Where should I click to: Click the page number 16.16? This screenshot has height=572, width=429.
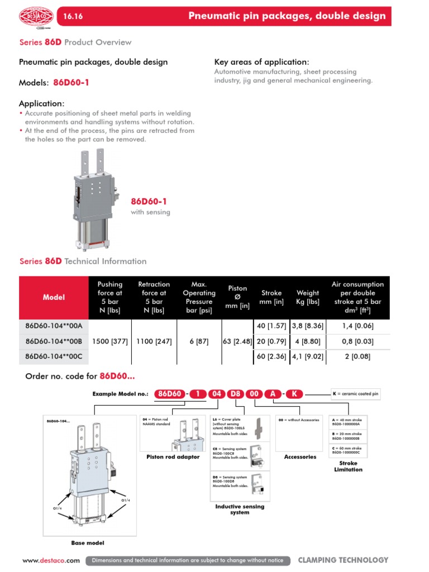(74, 16)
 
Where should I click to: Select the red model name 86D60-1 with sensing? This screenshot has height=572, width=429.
(149, 201)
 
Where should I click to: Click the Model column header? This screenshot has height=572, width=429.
(54, 297)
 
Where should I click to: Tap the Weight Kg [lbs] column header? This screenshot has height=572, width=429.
(307, 297)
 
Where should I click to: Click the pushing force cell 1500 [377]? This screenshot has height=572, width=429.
(110, 341)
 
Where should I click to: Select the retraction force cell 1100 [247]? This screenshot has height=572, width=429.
(154, 341)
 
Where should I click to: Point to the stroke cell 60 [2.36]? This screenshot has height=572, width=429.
(270, 356)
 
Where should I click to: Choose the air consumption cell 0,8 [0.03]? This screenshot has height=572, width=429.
(357, 341)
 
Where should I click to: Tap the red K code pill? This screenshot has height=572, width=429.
(294, 394)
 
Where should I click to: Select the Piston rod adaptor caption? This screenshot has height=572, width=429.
(173, 457)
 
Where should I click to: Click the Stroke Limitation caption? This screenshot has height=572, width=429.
(348, 466)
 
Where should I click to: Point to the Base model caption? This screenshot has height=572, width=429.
(88, 542)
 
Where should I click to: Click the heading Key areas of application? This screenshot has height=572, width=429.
(261, 62)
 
